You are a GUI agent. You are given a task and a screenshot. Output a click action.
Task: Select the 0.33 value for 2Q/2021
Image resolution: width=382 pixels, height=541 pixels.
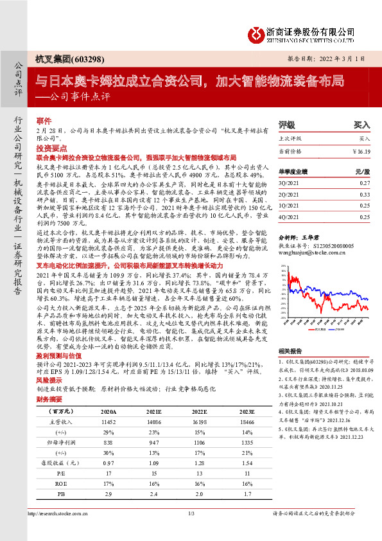coord(365,193)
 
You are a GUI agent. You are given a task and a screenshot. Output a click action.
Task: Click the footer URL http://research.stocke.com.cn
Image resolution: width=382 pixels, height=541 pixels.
coord(58,531)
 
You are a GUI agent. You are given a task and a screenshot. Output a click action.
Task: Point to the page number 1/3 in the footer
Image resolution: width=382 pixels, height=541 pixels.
coord(191,531)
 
